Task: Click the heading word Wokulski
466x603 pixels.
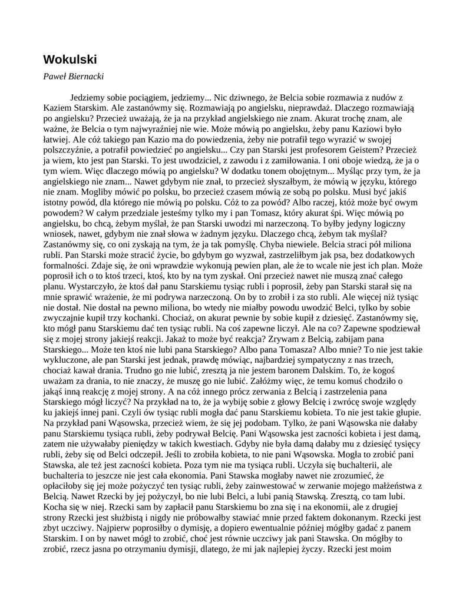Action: pyautogui.click(x=70, y=59)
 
